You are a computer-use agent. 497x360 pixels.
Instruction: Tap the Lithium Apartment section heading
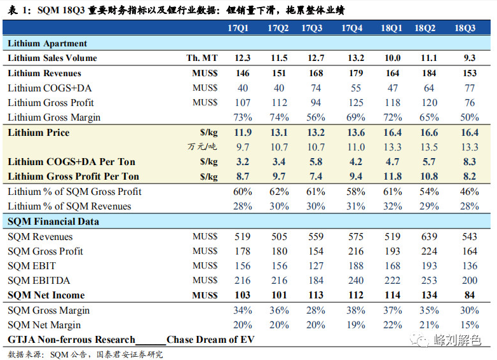[x=48, y=43]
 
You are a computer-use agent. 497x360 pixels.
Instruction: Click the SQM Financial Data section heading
[x=53, y=222]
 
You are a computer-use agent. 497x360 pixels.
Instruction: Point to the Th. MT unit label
[x=202, y=58]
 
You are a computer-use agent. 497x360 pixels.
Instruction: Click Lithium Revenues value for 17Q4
[x=356, y=73]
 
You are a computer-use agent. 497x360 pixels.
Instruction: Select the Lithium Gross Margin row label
[x=54, y=117]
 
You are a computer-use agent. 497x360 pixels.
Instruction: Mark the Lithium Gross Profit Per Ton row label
[x=73, y=177]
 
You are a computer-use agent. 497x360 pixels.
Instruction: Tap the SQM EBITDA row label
[x=39, y=280]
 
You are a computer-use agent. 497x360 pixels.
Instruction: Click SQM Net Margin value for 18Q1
[x=392, y=325]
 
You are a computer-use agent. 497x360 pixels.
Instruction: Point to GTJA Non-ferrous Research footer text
[x=71, y=340]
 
